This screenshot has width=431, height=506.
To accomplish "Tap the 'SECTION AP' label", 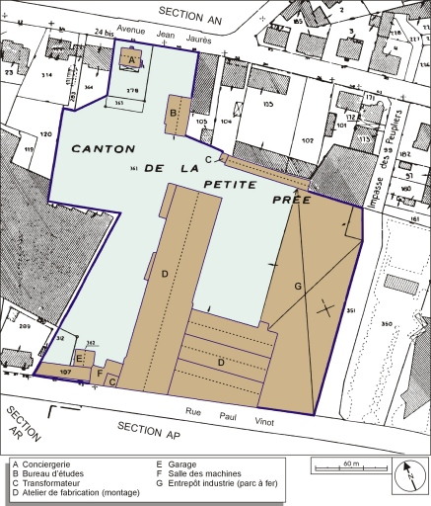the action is tap(149, 427).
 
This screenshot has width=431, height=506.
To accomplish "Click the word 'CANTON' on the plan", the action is tap(102, 147).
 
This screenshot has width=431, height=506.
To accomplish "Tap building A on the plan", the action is tap(132, 59).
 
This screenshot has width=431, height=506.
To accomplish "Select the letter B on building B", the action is tap(173, 114).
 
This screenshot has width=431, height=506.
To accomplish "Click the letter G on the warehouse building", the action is tap(297, 286).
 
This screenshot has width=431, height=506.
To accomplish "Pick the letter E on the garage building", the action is tap(79, 358).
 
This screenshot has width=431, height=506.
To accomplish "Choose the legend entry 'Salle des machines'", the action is tap(197, 472).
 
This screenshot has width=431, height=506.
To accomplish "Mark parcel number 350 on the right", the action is tap(387, 323).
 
